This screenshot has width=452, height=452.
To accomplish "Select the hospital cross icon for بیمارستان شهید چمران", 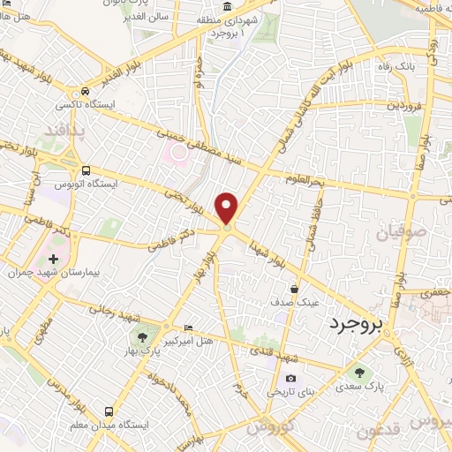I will click(x=53, y=260).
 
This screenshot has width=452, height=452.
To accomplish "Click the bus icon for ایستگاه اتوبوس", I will click(x=86, y=170).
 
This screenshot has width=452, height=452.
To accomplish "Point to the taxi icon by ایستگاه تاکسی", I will click(x=85, y=92).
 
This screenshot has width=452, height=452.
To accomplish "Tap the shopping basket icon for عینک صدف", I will click(x=294, y=288).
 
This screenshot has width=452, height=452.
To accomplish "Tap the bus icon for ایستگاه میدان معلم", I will click(x=109, y=411).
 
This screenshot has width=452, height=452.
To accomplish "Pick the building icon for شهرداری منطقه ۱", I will click(x=228, y=6).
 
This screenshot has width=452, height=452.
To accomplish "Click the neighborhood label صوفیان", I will click(x=402, y=233).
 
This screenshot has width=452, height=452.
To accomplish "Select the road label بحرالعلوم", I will click(x=306, y=178).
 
